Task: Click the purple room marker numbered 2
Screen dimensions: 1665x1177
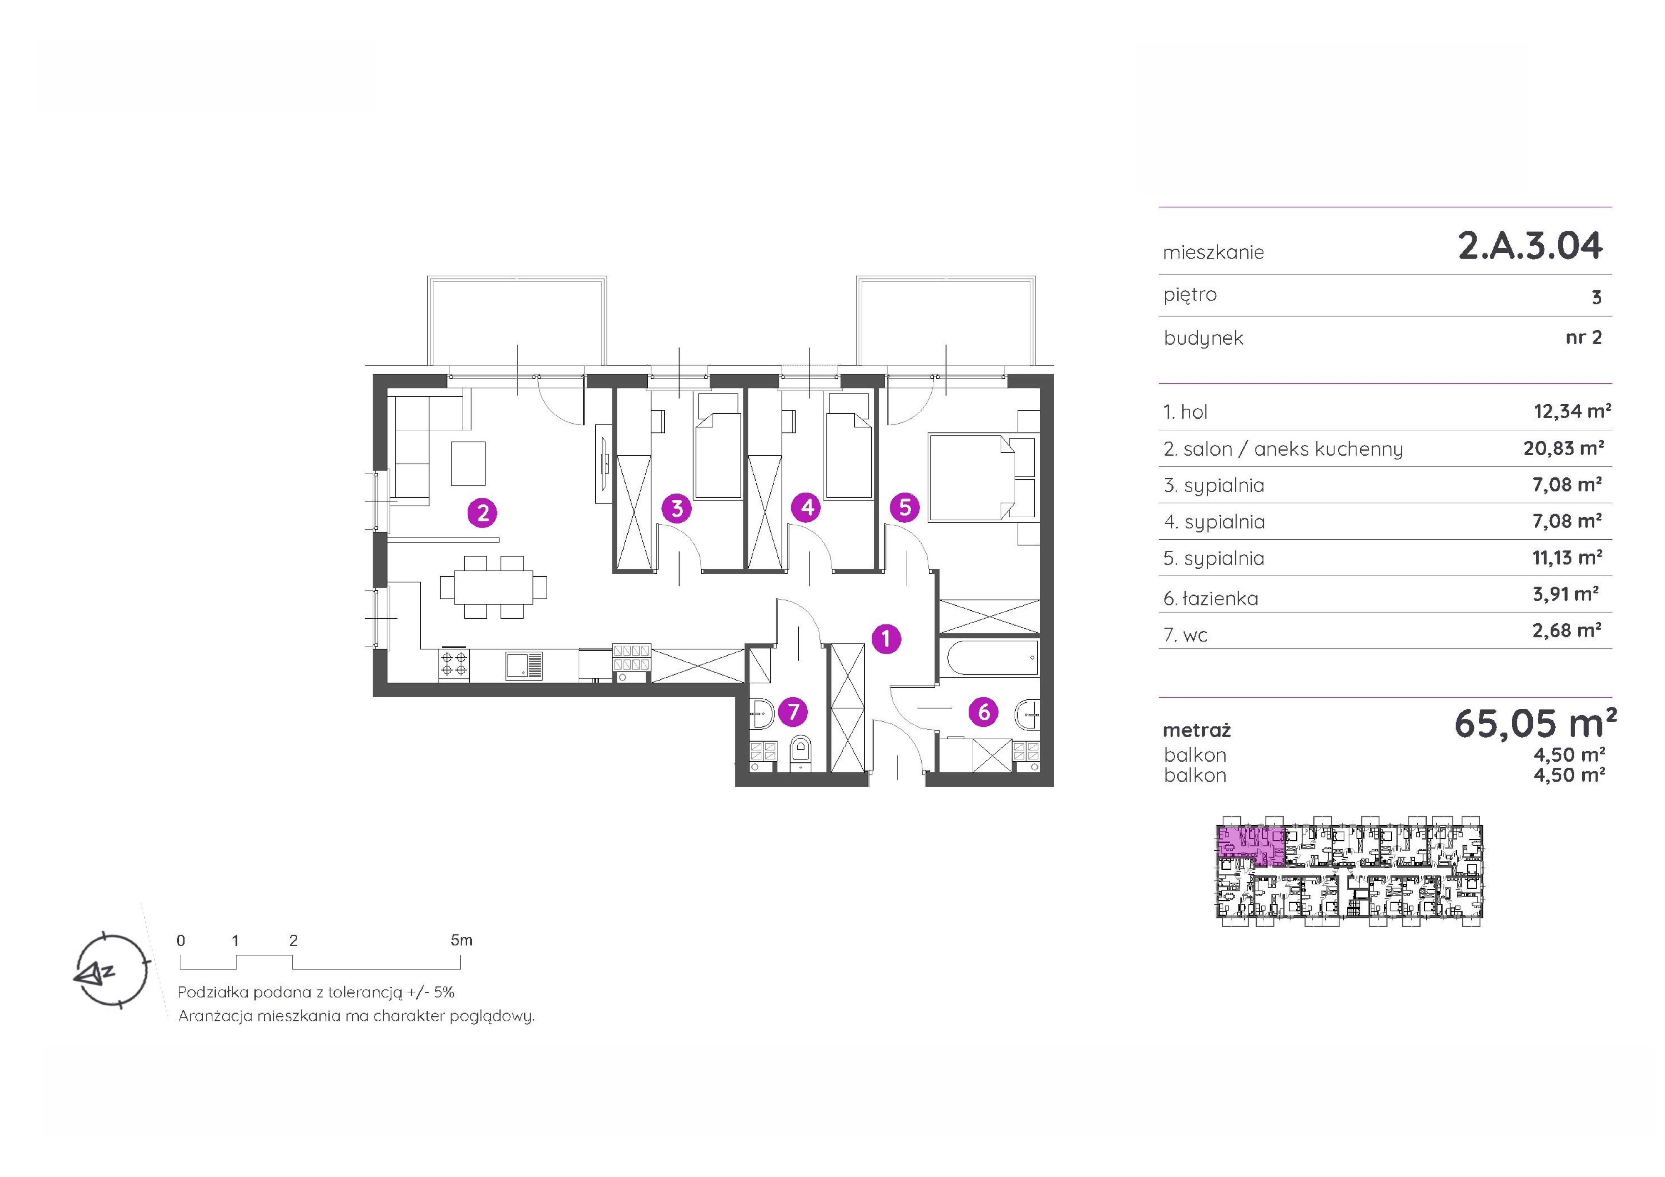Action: click(x=482, y=514)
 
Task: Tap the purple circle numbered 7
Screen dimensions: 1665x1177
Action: click(x=793, y=711)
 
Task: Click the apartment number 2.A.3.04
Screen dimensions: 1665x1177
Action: click(x=1530, y=245)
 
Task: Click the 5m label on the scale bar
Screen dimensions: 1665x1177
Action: click(x=461, y=940)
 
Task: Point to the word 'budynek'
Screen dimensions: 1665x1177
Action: click(x=1203, y=338)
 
